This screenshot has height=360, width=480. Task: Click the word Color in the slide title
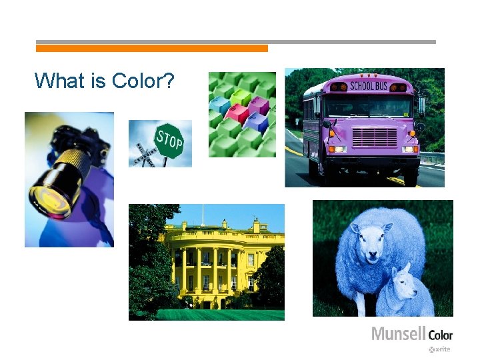(143, 81)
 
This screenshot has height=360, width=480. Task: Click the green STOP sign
(169, 141)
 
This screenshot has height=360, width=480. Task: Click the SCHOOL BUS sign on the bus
(369, 86)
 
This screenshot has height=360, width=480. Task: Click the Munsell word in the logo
(398, 334)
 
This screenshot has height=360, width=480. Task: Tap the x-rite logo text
(441, 349)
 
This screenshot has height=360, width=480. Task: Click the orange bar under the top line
(151, 49)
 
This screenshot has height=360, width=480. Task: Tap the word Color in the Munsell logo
(440, 335)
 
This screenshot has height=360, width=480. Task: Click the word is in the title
(99, 81)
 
